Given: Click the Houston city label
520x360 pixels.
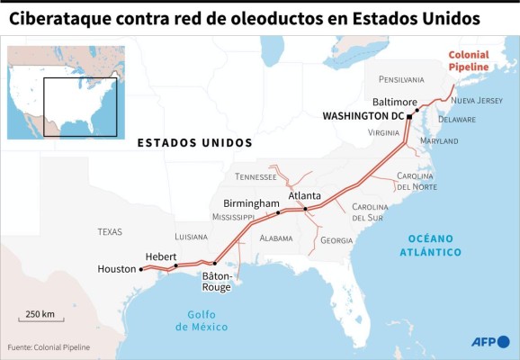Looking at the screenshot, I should pos(117,269).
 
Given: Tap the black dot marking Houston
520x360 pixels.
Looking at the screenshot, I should pos(141,269).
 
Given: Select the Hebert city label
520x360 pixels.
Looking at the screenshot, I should pos(161,256).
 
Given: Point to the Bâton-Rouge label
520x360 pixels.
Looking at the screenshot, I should pos(217,281).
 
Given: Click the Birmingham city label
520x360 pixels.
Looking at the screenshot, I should pos(251,203).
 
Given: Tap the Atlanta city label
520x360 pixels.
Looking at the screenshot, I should pos(304,195).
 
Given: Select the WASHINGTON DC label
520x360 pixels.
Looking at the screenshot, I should pos(363,116).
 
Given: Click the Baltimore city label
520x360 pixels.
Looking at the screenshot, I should pos(395,102).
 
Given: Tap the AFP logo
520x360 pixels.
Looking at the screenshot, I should pos(490,341).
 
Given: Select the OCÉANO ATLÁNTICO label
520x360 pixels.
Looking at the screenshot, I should pos(430,245).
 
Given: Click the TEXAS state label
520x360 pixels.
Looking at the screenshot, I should pos(110,232).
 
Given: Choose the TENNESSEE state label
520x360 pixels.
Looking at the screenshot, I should pos(256,176).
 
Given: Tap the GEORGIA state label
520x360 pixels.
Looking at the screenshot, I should pos(336,240).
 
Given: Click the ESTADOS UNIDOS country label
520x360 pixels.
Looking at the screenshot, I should pos(194,143).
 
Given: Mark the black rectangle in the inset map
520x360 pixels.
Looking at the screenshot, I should pos(80,106).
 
